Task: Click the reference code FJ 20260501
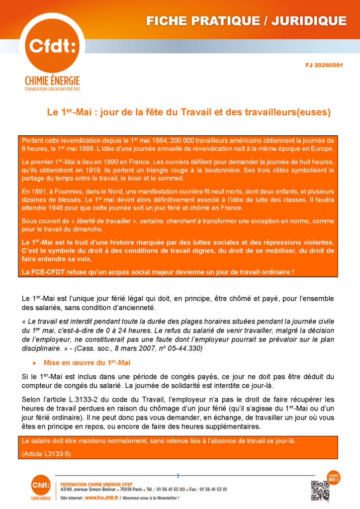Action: (x=324, y=65)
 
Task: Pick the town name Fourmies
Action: (x=66, y=191)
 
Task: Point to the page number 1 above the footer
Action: (x=178, y=475)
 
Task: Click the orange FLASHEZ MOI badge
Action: (x=333, y=477)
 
